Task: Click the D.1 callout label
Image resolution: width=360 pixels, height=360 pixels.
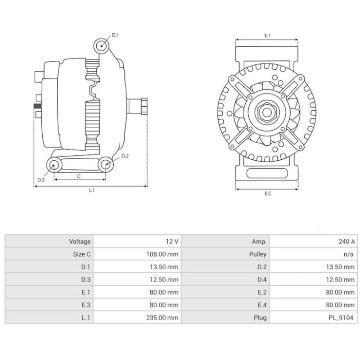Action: point(115,35)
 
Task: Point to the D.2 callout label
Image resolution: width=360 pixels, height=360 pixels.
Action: point(125,156)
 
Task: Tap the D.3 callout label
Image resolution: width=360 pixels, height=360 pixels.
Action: point(41,180)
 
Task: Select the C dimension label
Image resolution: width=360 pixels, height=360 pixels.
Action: point(79,176)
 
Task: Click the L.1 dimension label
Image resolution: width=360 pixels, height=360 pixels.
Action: point(91,190)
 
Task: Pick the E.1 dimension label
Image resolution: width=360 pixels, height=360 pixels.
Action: point(267,35)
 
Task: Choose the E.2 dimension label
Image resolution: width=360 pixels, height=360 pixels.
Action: point(267,193)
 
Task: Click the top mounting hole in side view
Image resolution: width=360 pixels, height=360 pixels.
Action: point(101,45)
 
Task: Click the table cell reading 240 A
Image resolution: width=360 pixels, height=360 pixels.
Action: point(347,242)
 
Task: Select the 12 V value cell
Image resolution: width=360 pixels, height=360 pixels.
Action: point(172,242)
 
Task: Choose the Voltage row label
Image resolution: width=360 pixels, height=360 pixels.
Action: point(80,242)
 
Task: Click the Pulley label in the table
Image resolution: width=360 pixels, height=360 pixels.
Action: point(258,254)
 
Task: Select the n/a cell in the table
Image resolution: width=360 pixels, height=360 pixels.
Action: point(348,254)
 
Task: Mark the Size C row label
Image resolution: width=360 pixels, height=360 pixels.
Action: point(81,254)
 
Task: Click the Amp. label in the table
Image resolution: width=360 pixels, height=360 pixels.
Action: point(260,242)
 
